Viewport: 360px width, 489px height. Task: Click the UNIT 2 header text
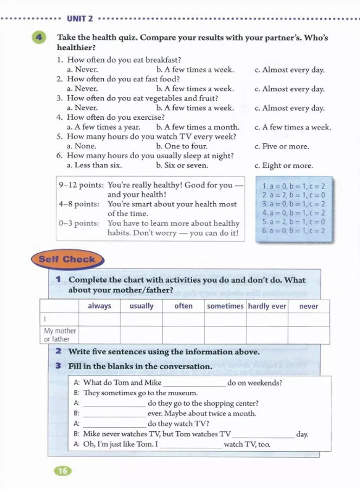(x=80, y=19)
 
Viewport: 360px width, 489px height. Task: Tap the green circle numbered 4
(x=39, y=38)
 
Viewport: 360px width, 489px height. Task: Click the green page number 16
(x=63, y=471)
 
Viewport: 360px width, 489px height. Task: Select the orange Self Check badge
(x=67, y=259)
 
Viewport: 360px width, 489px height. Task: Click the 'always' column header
(x=99, y=306)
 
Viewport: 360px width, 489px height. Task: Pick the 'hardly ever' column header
(x=267, y=306)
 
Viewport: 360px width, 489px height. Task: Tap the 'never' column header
(x=308, y=306)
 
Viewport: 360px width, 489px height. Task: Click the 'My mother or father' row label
(x=59, y=335)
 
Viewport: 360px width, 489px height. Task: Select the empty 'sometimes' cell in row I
(x=225, y=319)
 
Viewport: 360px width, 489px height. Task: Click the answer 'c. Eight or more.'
(x=283, y=165)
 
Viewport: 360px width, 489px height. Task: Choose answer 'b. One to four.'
(x=182, y=146)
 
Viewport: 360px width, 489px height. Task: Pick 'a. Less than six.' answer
(x=94, y=165)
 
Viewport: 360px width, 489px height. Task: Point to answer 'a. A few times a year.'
(x=103, y=127)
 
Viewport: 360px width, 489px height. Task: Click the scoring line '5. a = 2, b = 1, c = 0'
(x=294, y=222)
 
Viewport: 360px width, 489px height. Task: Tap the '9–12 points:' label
(x=81, y=185)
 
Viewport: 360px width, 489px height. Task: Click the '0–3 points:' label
(x=79, y=223)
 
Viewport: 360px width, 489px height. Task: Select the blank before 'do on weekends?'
(x=194, y=383)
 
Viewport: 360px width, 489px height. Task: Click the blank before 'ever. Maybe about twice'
(x=114, y=414)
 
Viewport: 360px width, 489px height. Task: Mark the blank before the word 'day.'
(x=263, y=434)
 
